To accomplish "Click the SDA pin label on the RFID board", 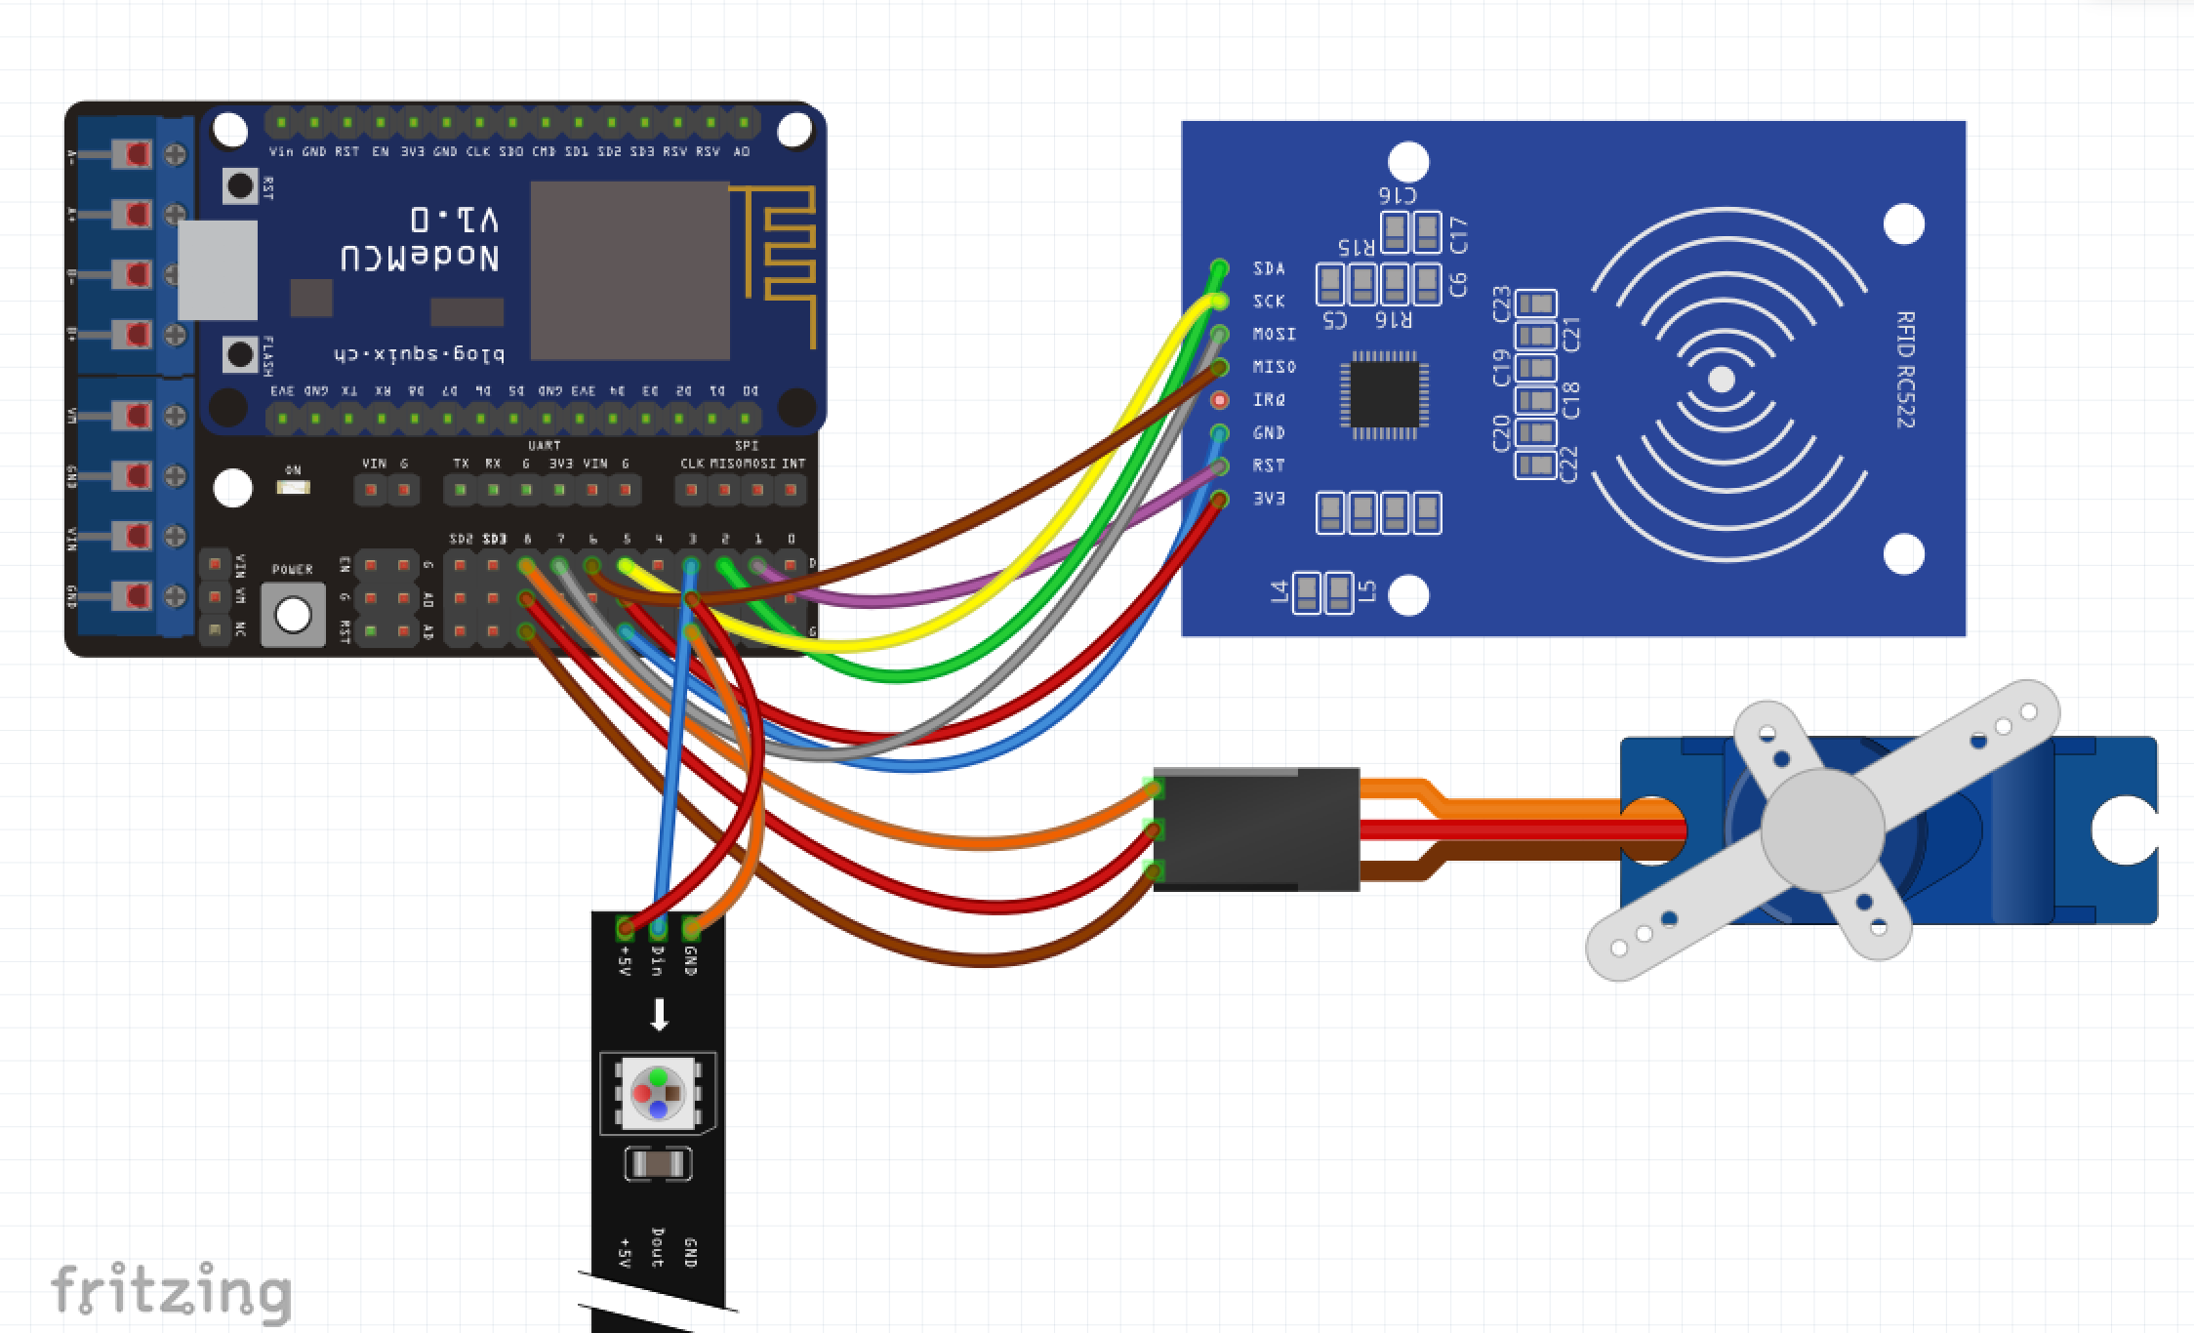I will point(1269,268).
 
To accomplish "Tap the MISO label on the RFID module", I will point(1274,367).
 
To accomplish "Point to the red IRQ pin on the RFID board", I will point(1220,400).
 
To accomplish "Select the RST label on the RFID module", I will point(1269,465).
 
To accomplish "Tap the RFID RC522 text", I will point(1904,370).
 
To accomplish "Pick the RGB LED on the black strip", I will point(658,1093).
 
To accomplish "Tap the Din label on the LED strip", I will point(658,960).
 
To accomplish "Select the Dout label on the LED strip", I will point(658,1248).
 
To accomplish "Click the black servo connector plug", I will point(1257,829).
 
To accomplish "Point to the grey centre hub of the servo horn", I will point(1822,829).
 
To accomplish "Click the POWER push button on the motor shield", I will point(294,615).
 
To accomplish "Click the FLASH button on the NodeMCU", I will point(240,355).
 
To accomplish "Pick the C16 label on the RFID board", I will point(1398,194).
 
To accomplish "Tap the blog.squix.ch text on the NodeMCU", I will point(420,354).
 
